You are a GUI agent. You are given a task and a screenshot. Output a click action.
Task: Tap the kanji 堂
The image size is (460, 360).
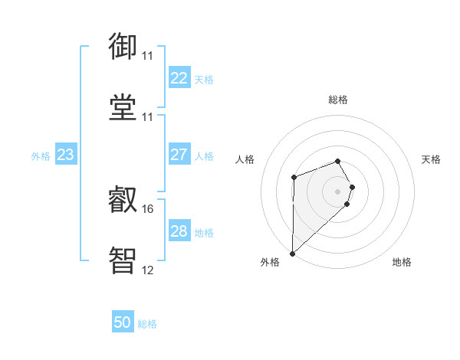[x=123, y=107]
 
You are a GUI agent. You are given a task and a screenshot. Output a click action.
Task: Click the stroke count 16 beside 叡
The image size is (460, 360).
[x=147, y=208]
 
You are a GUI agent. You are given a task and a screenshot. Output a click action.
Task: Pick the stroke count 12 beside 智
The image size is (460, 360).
[x=147, y=270]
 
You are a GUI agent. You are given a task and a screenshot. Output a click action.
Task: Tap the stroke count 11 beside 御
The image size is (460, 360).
[x=147, y=56]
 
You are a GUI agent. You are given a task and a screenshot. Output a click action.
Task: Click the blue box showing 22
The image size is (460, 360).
[x=179, y=78]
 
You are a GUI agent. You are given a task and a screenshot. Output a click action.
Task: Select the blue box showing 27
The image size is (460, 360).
[x=179, y=155]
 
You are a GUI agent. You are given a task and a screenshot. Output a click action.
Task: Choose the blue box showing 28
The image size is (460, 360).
[x=179, y=231]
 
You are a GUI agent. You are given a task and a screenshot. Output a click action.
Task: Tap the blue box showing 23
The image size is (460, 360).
[x=65, y=155]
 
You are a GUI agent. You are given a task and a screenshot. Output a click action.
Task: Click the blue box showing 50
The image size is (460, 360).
[x=123, y=323]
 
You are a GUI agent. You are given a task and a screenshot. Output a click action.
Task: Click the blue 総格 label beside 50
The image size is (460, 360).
[x=147, y=324]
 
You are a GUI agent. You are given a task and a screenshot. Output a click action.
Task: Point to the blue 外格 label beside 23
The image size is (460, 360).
[x=41, y=156]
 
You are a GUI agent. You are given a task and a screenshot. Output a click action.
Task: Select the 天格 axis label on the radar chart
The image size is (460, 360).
[x=432, y=159]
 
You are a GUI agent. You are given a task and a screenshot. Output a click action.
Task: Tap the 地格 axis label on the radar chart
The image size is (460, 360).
[x=402, y=263]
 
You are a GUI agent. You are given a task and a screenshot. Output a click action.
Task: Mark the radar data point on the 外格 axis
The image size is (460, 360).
[x=292, y=254]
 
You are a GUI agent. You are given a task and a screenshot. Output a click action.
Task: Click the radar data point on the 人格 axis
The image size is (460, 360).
[x=294, y=178]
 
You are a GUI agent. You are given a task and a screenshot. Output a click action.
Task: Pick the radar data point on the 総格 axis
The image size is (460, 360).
[x=337, y=161]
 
